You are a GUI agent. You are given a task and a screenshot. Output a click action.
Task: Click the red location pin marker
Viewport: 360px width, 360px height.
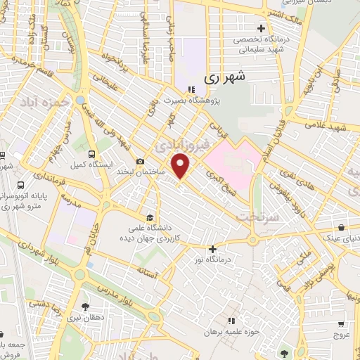coord(181,166)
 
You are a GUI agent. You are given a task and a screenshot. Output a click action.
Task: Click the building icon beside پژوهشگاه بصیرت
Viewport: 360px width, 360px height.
coord(191,89)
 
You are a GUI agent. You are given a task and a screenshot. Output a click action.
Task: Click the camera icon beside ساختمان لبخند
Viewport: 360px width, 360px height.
coord(141,161)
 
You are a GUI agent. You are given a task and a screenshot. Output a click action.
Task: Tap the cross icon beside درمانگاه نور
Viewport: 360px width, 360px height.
coord(212,248)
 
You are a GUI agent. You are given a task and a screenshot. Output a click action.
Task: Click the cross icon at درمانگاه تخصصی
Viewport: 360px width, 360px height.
coord(261,29)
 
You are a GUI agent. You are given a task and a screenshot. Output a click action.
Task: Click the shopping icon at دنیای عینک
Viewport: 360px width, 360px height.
coord(342,228)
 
